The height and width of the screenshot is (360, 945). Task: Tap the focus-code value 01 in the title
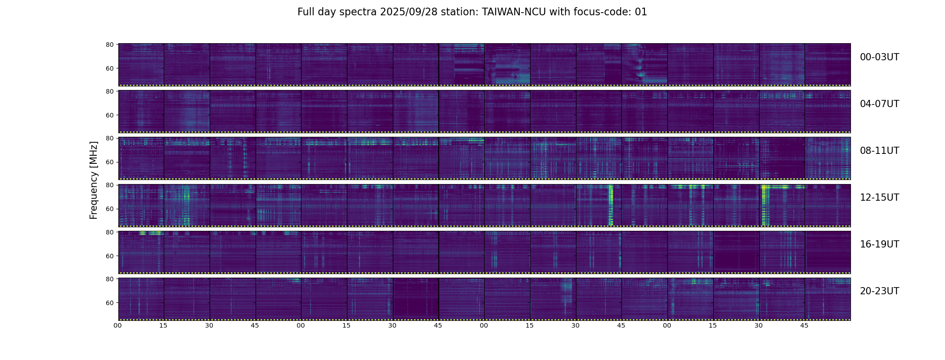pos(641,12)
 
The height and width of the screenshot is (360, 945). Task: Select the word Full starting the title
pos(306,12)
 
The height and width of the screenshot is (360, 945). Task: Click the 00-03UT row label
pos(879,57)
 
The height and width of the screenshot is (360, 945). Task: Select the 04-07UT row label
pos(879,104)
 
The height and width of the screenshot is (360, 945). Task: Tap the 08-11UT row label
pos(879,151)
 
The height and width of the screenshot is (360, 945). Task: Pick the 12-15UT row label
pos(879,198)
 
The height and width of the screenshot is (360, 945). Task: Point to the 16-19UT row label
pos(879,244)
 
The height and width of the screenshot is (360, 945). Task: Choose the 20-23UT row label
pos(879,291)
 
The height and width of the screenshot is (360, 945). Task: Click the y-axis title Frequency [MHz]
pos(94,180)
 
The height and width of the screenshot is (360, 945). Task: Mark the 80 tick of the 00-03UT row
pos(109,45)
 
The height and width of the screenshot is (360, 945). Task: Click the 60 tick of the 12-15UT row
pos(109,209)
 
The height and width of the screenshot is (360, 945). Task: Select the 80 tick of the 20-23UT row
pos(109,279)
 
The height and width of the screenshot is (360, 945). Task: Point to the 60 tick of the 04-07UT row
pos(109,115)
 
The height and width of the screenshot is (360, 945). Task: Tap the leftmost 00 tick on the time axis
pos(118,325)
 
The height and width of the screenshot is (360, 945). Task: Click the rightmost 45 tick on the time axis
pos(804,325)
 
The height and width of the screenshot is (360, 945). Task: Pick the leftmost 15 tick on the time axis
pos(163,325)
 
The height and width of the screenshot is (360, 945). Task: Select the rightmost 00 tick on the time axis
pos(667,325)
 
